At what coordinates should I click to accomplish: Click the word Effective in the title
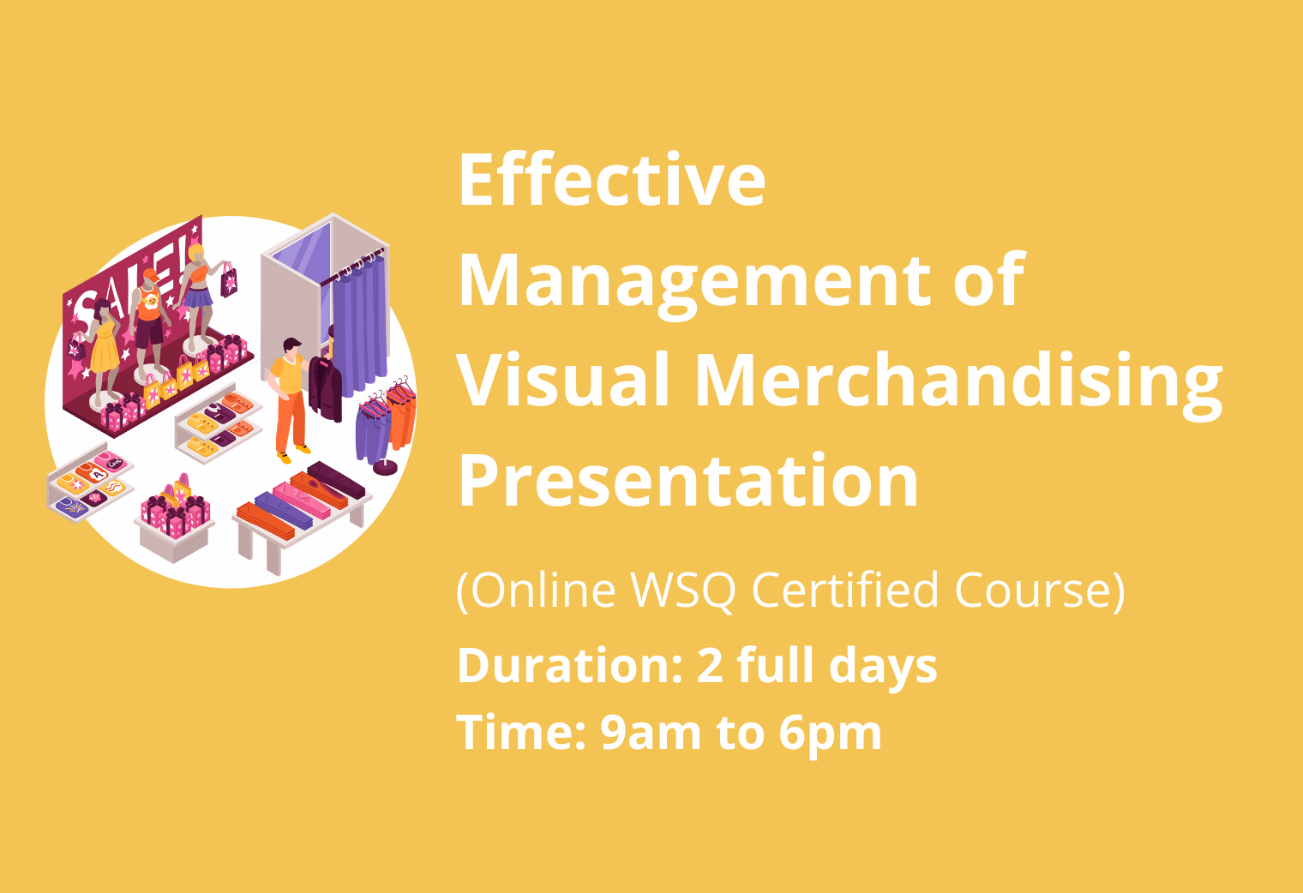point(612,179)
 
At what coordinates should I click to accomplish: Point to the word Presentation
point(688,482)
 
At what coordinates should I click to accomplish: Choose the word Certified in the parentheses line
point(845,590)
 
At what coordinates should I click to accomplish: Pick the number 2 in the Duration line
point(711,666)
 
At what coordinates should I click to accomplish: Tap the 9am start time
point(651,733)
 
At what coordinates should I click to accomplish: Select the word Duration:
point(570,665)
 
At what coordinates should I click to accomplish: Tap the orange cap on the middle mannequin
point(150,274)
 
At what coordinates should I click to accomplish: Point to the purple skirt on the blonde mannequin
point(198,297)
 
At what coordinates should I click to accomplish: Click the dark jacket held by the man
point(326,387)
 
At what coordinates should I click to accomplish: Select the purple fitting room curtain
point(359,326)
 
